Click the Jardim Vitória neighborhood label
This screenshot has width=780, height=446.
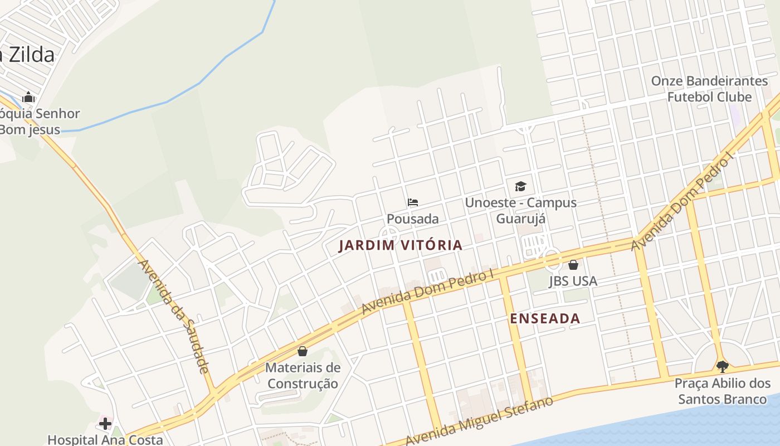[x=400, y=245]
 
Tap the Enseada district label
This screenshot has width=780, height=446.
[x=545, y=318]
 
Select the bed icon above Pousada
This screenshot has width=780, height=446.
[x=413, y=202]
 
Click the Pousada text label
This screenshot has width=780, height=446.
[x=413, y=219]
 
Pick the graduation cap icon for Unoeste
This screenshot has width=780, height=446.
[x=520, y=186]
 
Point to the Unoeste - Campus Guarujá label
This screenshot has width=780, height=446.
[x=520, y=210]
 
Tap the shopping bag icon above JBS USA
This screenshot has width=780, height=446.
[x=573, y=265]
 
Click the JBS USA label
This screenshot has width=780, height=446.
[x=573, y=281]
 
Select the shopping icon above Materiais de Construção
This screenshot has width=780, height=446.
[x=303, y=351]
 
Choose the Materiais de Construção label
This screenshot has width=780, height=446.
[x=303, y=376]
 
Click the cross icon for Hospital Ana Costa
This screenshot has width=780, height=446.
[x=105, y=424]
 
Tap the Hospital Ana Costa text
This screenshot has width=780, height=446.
[x=105, y=439]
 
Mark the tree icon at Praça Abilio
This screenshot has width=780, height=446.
[x=723, y=367]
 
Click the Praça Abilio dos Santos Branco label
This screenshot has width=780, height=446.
[x=723, y=391]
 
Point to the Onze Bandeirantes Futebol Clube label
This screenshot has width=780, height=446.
[x=709, y=89]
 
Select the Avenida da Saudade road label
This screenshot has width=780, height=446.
[x=173, y=316]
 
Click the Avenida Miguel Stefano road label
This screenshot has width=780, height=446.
[x=479, y=421]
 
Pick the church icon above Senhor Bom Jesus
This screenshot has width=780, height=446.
[x=28, y=97]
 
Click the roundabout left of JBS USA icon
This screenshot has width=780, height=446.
[x=552, y=259]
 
